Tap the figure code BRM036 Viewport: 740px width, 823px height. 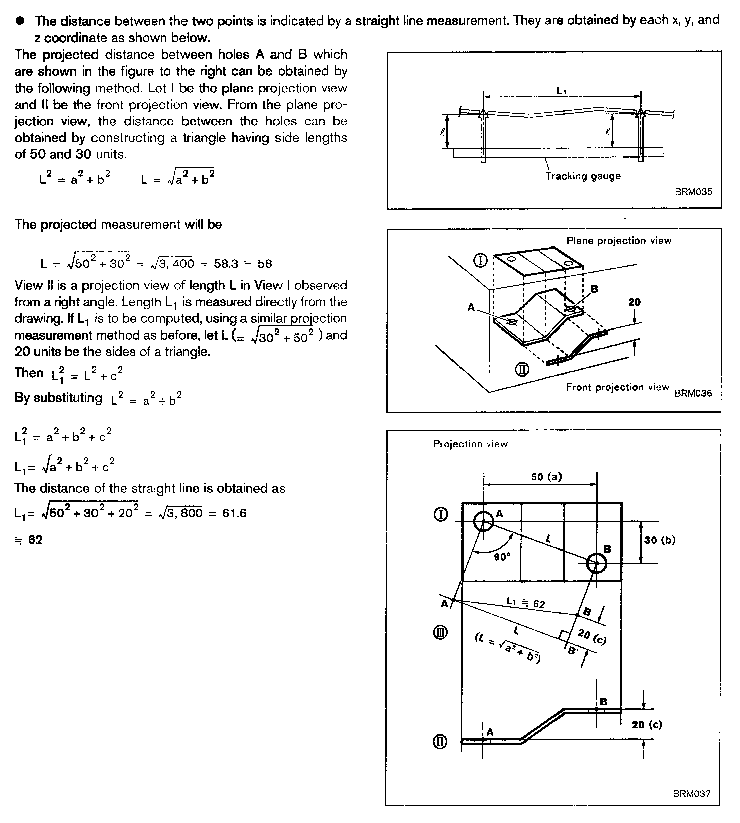[693, 393]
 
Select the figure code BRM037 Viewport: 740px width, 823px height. [692, 794]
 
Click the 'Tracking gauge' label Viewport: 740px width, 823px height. [583, 176]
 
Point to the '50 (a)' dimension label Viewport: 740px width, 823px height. [546, 476]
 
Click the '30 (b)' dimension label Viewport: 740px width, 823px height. [660, 540]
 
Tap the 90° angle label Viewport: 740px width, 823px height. [502, 557]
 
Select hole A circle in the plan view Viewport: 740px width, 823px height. [484, 521]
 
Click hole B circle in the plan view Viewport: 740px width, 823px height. [596, 563]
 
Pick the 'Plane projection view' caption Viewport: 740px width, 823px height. [618, 241]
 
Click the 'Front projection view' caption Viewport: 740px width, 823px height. [617, 387]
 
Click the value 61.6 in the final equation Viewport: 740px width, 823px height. [234, 513]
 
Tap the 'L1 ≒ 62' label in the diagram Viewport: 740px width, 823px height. [525, 602]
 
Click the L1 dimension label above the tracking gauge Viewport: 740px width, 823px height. [562, 91]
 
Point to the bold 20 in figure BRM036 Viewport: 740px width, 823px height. [634, 302]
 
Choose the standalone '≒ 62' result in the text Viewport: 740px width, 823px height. [29, 540]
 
